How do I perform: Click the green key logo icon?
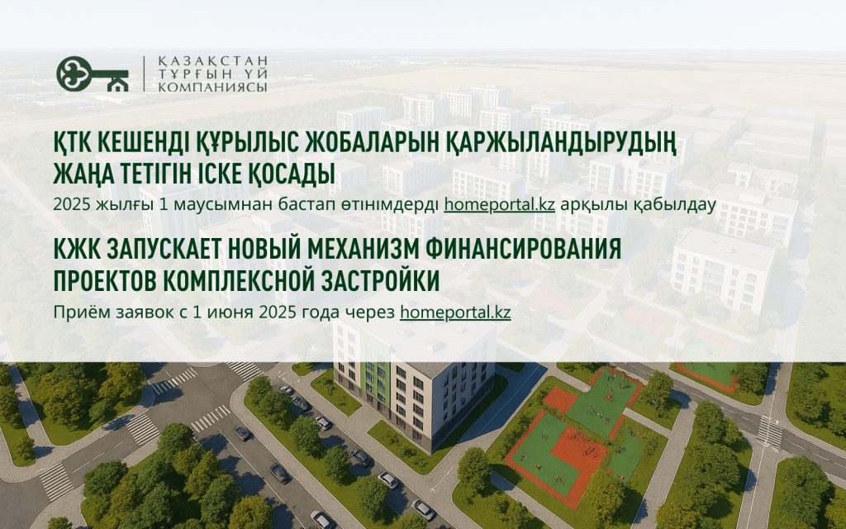(93, 74)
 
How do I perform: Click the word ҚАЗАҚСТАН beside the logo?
(213, 61)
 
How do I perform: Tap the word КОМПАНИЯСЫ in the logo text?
(213, 86)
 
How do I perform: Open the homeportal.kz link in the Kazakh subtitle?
(500, 205)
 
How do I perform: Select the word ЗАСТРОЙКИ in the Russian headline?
(379, 281)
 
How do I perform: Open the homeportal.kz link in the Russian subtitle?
(455, 312)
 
